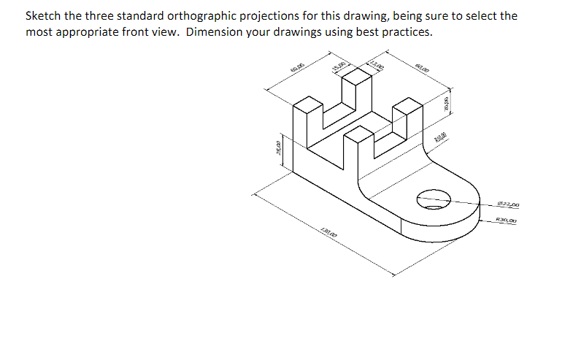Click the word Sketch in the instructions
pyautogui.click(x=43, y=16)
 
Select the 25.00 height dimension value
pyautogui.click(x=277, y=150)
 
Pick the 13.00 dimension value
pyautogui.click(x=377, y=66)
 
